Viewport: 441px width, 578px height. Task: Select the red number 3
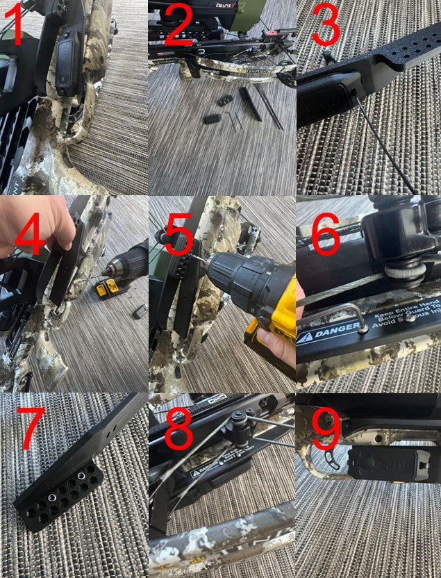point(326,26)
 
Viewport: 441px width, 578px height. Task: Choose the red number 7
point(29,429)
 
